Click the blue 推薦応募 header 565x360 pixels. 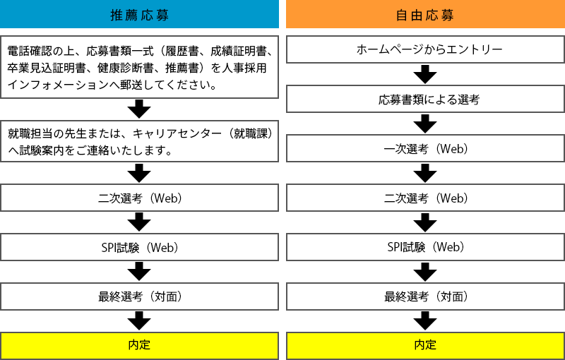click(x=139, y=14)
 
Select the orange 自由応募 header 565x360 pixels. click(x=426, y=14)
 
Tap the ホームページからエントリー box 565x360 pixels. click(x=426, y=49)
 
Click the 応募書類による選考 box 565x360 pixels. click(x=426, y=99)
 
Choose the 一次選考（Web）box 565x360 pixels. click(x=426, y=148)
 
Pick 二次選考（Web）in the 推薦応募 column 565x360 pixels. click(x=139, y=198)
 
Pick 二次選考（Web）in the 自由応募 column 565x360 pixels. click(x=426, y=198)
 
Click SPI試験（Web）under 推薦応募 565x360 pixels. click(x=139, y=247)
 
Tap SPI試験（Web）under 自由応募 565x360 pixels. click(x=426, y=247)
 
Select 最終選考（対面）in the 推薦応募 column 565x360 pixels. click(x=139, y=296)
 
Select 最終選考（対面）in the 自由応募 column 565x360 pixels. click(x=426, y=296)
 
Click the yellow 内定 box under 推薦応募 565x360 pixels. click(x=139, y=346)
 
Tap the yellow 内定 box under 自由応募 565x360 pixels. click(x=426, y=346)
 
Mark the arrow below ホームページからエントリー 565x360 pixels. click(x=425, y=74)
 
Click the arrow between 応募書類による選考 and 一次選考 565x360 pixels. click(x=425, y=124)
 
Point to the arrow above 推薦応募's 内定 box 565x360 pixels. click(x=139, y=320)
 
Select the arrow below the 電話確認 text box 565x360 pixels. click(x=139, y=109)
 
